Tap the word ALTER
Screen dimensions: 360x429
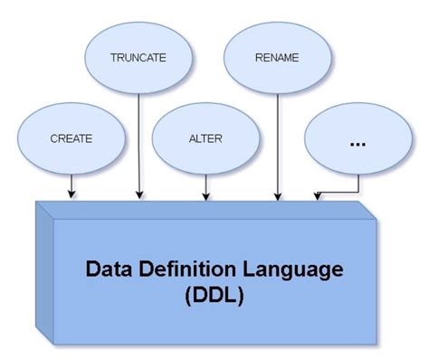[206, 141]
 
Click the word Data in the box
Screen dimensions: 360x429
[110, 269]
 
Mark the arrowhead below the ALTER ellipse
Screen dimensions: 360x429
[206, 194]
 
